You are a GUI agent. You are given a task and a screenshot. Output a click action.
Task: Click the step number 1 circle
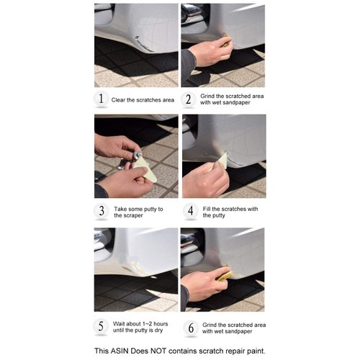click(102, 99)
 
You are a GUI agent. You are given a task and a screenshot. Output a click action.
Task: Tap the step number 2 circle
click(189, 99)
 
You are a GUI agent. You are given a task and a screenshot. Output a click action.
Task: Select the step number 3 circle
click(102, 211)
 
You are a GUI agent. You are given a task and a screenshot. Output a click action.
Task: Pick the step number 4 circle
click(189, 211)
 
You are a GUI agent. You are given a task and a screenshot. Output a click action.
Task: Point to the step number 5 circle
click(102, 325)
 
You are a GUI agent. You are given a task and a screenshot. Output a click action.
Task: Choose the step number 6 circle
click(189, 325)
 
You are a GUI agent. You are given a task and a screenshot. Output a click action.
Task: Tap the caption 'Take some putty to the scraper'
click(139, 212)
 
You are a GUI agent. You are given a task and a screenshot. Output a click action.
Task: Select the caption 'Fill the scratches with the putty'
click(230, 212)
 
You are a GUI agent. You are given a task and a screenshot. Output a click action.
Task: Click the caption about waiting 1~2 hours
click(143, 326)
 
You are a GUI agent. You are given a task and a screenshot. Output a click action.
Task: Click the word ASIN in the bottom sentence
click(122, 351)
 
